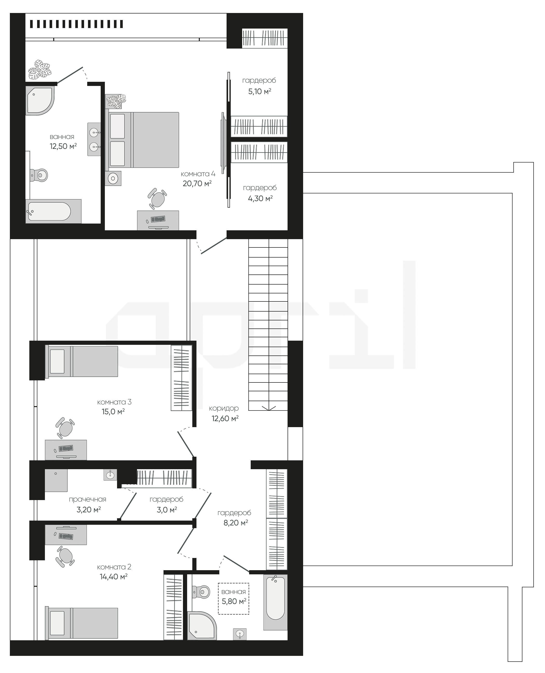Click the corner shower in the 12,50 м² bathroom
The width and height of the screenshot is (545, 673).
pos(39,101)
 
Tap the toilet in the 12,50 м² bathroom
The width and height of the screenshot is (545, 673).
pos(39,175)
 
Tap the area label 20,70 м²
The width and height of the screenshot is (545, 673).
pos(197,183)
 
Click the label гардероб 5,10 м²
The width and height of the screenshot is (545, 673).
pos(259,86)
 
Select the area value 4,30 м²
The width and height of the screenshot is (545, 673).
pos(260,198)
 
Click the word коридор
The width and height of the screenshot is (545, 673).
pos(224,408)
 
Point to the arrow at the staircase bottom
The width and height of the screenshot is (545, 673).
pos(269,408)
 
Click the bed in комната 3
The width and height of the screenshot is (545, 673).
pos(82,361)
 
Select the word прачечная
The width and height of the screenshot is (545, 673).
pos(88,499)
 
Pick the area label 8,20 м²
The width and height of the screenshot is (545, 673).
pos(236,523)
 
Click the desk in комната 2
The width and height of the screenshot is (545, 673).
pos(66,535)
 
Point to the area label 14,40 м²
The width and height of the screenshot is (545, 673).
pos(114,577)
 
